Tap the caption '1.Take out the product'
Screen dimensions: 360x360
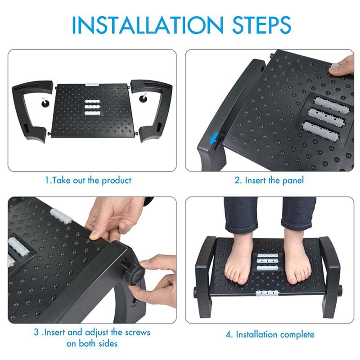point(88,180)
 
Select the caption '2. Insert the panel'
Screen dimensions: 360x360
point(269,180)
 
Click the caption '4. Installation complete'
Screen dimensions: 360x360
point(269,334)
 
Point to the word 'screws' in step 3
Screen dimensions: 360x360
point(137,333)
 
